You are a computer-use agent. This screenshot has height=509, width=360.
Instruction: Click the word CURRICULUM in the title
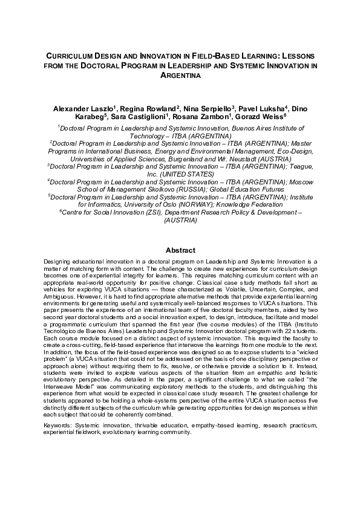[x=71, y=55]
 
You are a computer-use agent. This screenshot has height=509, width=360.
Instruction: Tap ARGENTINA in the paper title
[x=180, y=76]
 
